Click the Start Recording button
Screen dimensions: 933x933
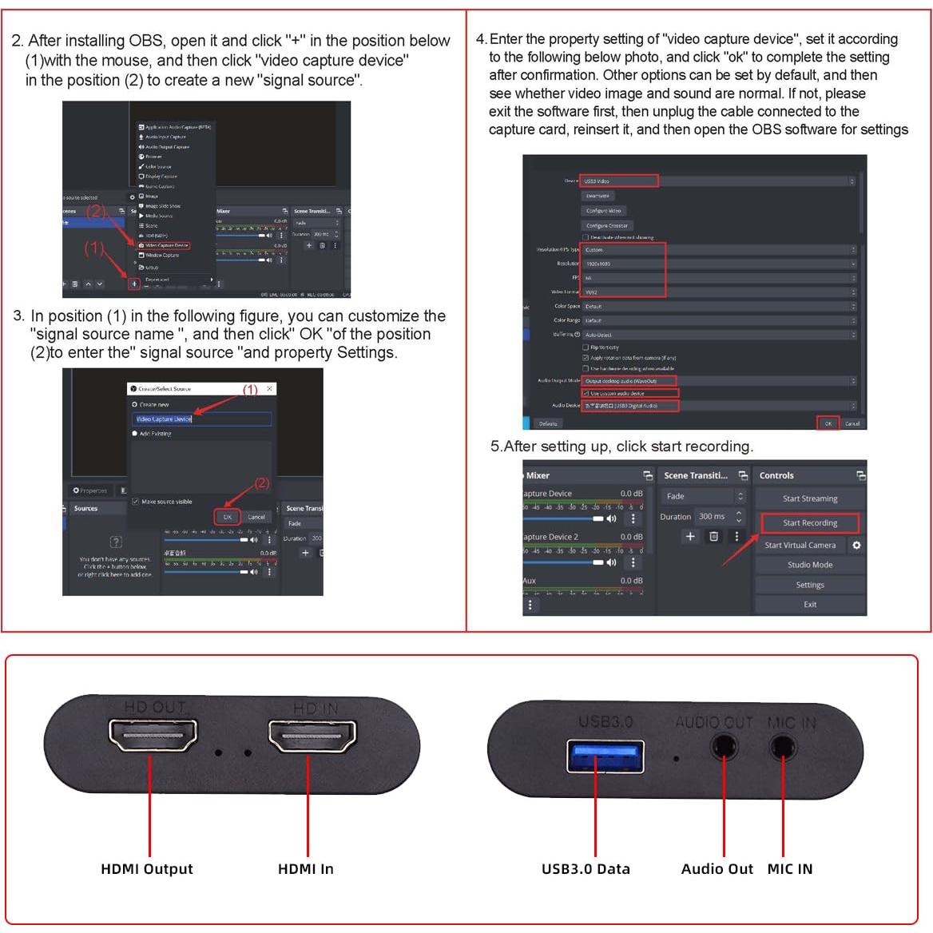(809, 523)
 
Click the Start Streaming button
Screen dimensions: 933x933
(809, 498)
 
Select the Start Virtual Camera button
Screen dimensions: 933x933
(800, 546)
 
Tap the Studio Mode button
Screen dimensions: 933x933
(809, 565)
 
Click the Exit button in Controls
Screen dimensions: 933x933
(809, 605)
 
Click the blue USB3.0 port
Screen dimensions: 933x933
(605, 756)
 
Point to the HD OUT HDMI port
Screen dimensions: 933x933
(149, 736)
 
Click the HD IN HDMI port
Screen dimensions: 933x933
(312, 736)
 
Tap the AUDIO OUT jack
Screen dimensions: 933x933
(724, 748)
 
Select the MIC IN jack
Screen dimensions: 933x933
(783, 748)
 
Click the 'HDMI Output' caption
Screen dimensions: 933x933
(147, 869)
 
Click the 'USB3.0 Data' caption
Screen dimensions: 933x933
(586, 869)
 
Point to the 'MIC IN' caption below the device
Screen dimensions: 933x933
(789, 869)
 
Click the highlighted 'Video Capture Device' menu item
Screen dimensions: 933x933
(164, 245)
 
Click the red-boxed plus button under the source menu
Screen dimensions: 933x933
(134, 284)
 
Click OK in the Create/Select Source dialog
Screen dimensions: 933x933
(228, 517)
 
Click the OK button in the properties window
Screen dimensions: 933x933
(828, 423)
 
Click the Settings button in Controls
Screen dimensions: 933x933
(809, 585)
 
